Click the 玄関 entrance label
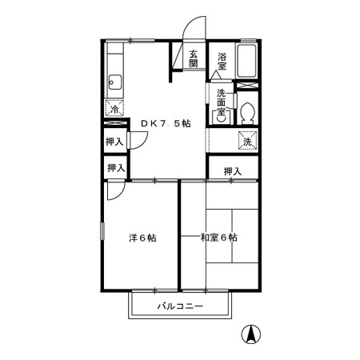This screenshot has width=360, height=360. (194, 59)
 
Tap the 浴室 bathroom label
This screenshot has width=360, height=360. (222, 62)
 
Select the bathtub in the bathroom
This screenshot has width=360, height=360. (247, 61)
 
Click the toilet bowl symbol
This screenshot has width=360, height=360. (247, 113)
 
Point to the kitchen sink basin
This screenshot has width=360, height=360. (115, 82)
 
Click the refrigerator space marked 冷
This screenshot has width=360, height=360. (114, 108)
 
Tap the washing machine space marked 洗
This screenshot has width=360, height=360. (248, 141)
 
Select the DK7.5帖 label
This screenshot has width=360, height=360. (166, 123)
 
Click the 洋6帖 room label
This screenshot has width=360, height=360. (142, 238)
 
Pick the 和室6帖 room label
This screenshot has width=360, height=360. (218, 237)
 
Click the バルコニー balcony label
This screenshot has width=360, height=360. (180, 306)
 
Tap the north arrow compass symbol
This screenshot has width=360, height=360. (251, 334)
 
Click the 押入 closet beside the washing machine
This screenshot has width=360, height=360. (233, 171)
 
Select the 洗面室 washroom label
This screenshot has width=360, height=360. (221, 102)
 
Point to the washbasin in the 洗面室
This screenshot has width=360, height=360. (221, 118)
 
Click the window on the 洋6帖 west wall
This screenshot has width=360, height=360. (102, 230)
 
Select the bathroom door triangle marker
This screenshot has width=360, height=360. (216, 75)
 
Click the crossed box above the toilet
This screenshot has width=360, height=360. (248, 86)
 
